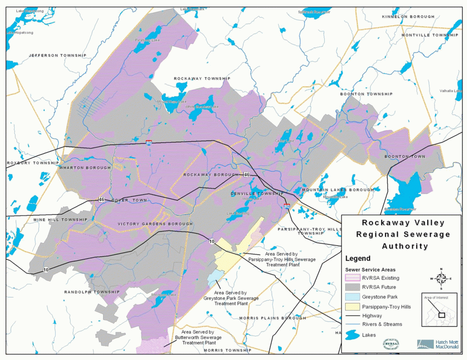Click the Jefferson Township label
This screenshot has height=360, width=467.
pos(57,56)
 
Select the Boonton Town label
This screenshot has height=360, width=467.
pos(405,157)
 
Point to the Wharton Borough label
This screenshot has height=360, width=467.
pos(85,168)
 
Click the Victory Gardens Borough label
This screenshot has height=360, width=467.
pos(155,224)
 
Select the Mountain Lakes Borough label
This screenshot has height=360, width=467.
pos(337,190)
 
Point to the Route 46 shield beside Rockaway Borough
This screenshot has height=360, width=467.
pos(246,175)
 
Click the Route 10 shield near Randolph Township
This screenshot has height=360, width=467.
pos(46,270)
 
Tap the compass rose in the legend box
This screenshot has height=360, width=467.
pos(441,278)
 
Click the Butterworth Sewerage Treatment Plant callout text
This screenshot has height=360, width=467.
pos(198,338)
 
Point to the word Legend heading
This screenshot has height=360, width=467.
pos(358,258)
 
